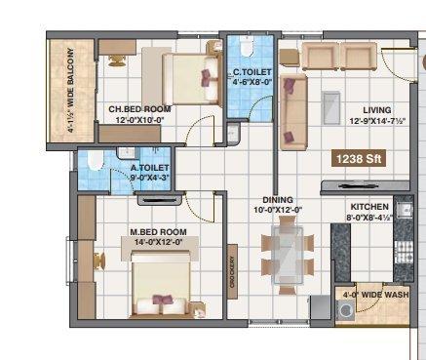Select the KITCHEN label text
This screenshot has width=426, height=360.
coord(369,207)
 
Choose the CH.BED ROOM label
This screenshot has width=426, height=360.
coord(138,109)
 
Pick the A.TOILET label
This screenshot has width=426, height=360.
coord(149,167)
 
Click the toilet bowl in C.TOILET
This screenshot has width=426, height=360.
coord(247,48)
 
